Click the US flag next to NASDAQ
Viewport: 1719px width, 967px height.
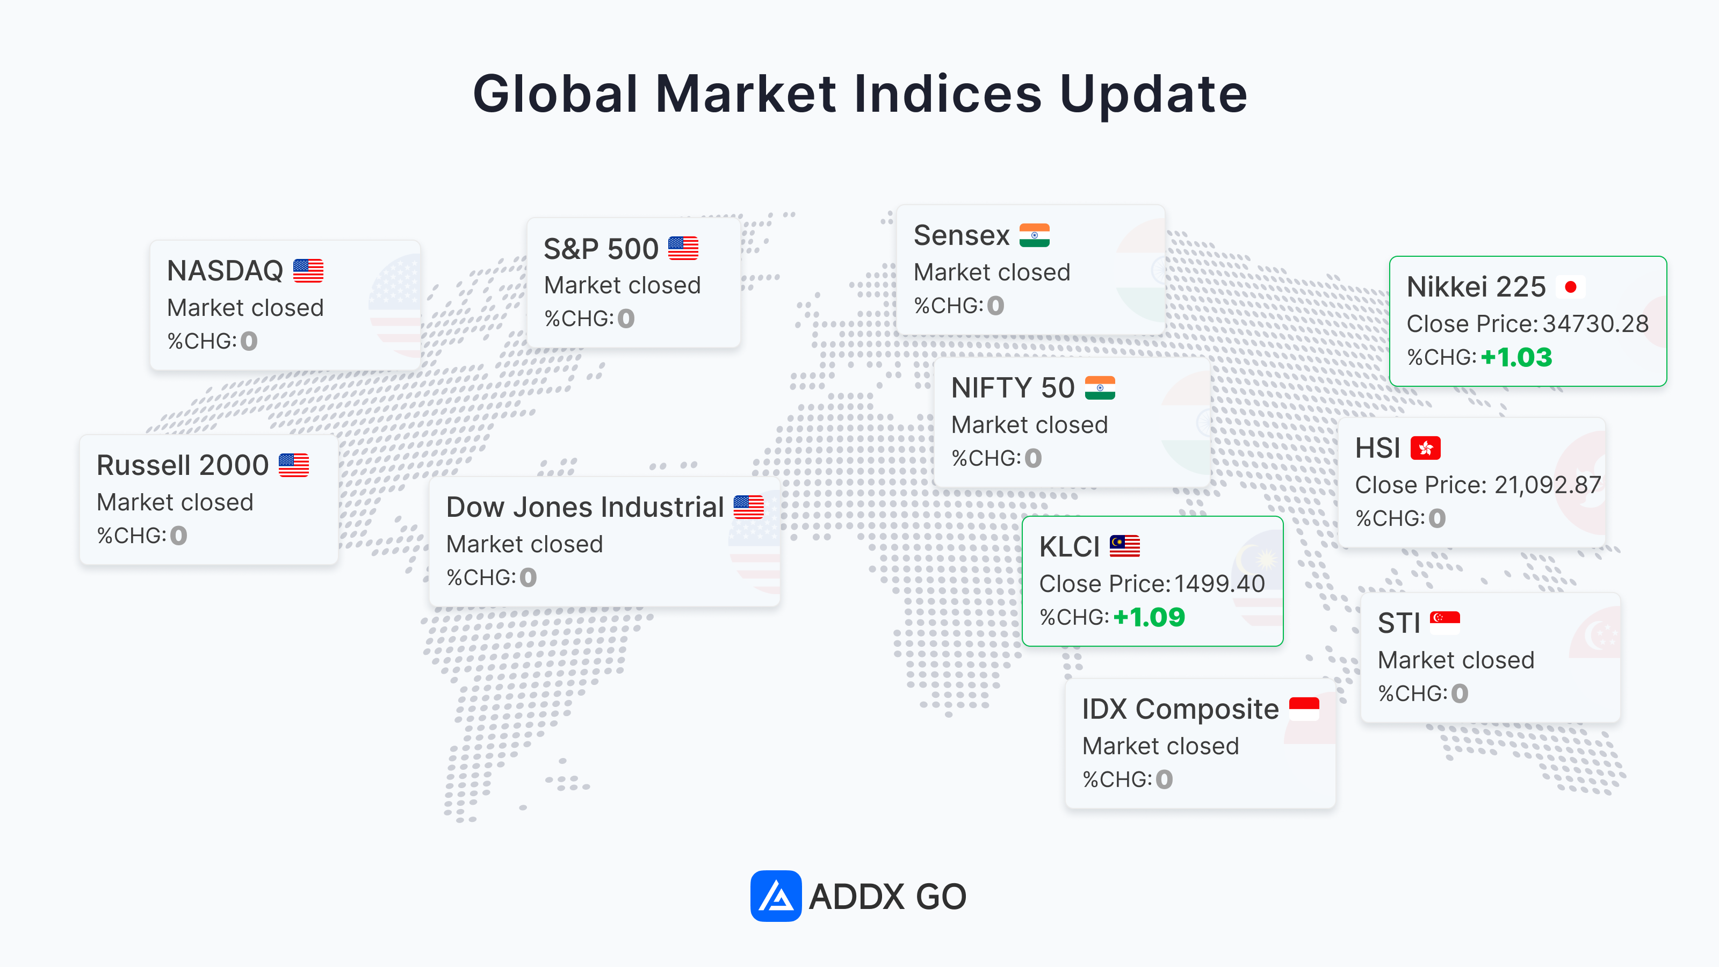click(x=308, y=271)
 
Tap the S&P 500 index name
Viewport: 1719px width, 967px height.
click(x=601, y=249)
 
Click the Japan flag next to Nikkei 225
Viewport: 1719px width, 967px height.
click(x=1570, y=287)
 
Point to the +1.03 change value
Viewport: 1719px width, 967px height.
click(x=1516, y=358)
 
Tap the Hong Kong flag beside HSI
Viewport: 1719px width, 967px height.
click(x=1425, y=448)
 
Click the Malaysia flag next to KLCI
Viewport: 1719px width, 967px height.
click(x=1124, y=546)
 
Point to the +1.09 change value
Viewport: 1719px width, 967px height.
click(x=1149, y=617)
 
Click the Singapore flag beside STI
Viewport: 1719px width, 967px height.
click(x=1444, y=623)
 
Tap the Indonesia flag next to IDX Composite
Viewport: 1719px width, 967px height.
click(x=1304, y=709)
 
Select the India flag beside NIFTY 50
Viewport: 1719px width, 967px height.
click(x=1100, y=388)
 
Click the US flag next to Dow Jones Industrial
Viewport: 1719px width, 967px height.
click(x=749, y=507)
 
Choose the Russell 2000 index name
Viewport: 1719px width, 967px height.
click(x=182, y=465)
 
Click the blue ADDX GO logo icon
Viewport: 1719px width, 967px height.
click(x=775, y=896)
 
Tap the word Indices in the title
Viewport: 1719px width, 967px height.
click(x=948, y=93)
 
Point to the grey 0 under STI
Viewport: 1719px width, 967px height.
click(x=1460, y=694)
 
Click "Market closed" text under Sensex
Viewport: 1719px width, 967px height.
click(x=992, y=272)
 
